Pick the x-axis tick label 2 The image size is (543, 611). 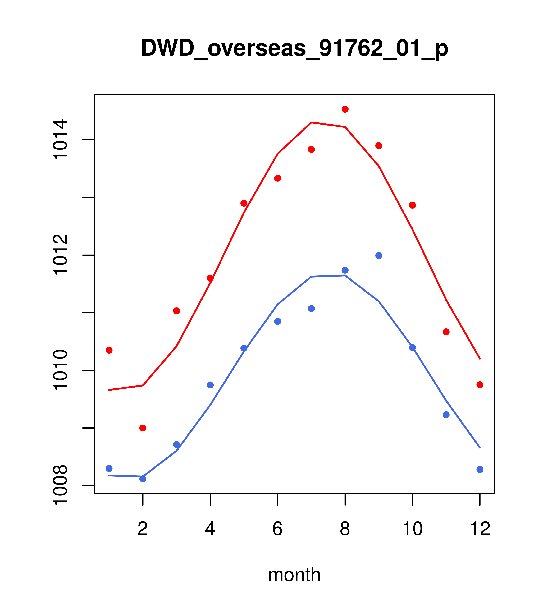point(143,529)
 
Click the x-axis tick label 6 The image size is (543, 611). point(278,529)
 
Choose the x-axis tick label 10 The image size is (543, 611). point(412,529)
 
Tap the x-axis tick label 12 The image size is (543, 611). point(480,529)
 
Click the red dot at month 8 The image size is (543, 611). point(345,109)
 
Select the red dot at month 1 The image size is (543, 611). point(109,350)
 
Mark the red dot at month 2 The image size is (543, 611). point(143,428)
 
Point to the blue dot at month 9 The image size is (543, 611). point(379,256)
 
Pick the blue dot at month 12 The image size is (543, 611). point(480,470)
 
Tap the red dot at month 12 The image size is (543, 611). point(480,385)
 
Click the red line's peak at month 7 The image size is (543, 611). point(311,122)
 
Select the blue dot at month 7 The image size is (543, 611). point(311,309)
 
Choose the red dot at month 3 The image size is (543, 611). point(177,311)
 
